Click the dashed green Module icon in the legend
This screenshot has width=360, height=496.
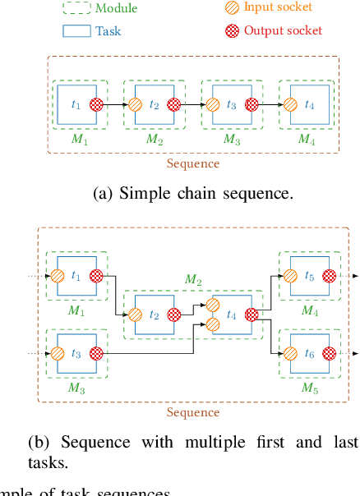point(76,8)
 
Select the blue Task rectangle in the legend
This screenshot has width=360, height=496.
point(76,30)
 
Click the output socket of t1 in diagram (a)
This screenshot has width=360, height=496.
point(96,104)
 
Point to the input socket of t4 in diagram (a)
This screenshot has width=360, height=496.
point(291,104)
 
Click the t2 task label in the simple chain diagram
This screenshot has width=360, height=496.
point(154,104)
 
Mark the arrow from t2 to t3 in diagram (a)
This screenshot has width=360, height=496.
point(193,104)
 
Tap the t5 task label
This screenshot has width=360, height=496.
point(309,277)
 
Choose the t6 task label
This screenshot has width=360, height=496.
point(309,353)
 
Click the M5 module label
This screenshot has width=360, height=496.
point(310,387)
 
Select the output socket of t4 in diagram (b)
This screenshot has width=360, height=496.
point(252,315)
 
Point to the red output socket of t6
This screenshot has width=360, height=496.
point(330,354)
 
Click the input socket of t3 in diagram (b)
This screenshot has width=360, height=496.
point(58,354)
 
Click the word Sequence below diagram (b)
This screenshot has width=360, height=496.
point(193,412)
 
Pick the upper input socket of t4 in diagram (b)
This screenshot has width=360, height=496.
point(213,305)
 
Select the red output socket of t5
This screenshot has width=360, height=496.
point(330,277)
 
